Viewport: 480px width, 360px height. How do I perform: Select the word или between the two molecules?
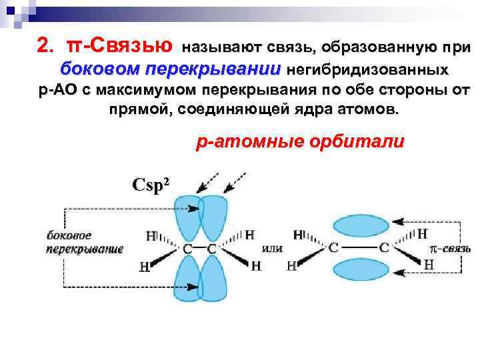pyautogui.click(x=273, y=248)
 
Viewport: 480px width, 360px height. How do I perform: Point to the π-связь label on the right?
pyautogui.click(x=449, y=248)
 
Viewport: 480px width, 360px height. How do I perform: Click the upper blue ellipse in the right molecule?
pyautogui.click(x=359, y=226)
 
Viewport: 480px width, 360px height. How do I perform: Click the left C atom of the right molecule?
pyautogui.click(x=333, y=248)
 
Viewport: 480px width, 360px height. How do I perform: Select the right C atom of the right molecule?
pyautogui.click(x=384, y=248)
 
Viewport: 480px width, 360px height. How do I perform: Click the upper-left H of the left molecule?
pyautogui.click(x=150, y=235)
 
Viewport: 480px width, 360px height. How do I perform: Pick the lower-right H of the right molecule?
pyautogui.click(x=429, y=265)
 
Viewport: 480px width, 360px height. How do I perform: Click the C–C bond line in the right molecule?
pyautogui.click(x=359, y=248)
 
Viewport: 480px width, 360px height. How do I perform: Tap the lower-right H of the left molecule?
pyautogui.click(x=255, y=266)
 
